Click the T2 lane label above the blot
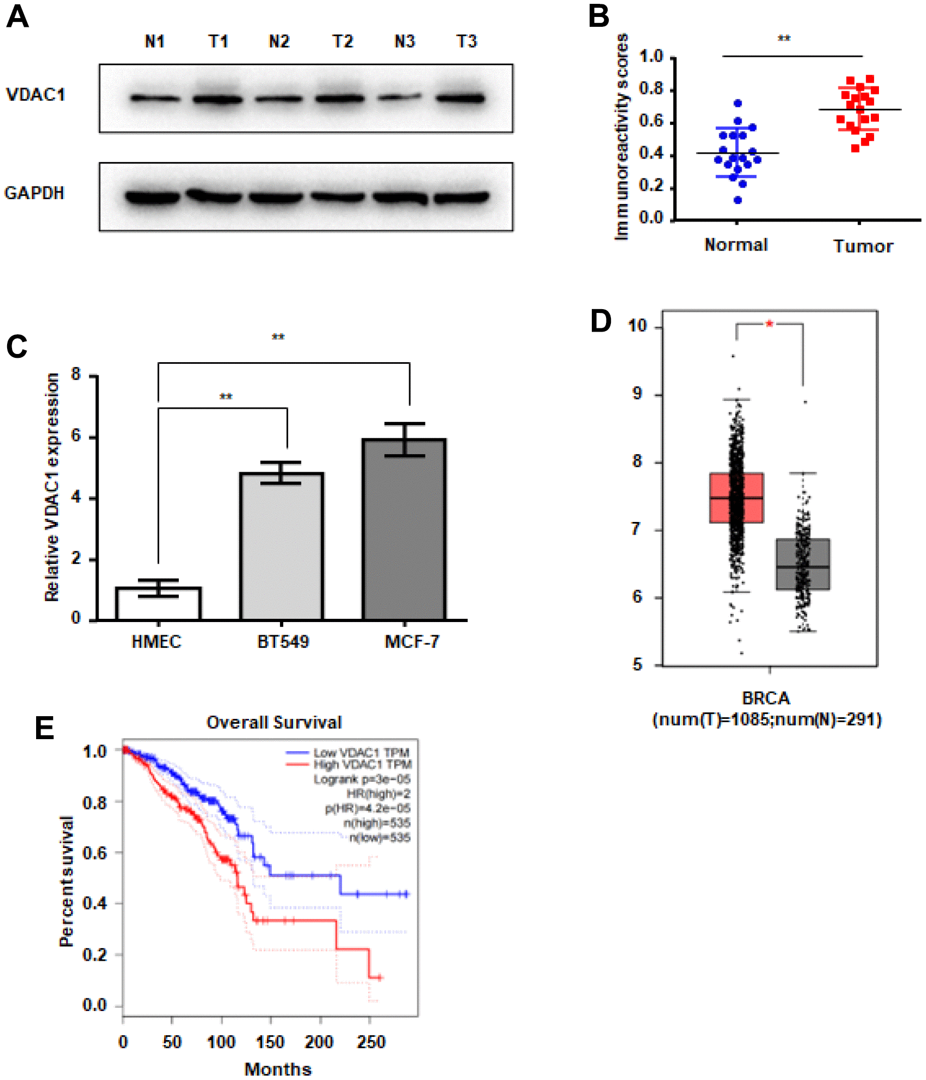(343, 42)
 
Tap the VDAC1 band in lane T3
(461, 99)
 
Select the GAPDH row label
(34, 193)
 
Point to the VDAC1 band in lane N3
(399, 98)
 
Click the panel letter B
(599, 16)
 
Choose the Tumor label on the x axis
(863, 246)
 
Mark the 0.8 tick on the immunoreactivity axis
(651, 89)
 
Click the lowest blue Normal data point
(738, 200)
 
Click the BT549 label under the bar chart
(283, 641)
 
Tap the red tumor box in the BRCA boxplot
(736, 497)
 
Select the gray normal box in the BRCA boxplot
(802, 564)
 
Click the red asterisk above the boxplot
(770, 324)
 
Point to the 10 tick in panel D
(638, 326)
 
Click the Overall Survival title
(273, 722)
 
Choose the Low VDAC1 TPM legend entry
(361, 753)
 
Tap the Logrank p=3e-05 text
(362, 779)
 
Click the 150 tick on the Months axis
(270, 1042)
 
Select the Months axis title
(278, 1069)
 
